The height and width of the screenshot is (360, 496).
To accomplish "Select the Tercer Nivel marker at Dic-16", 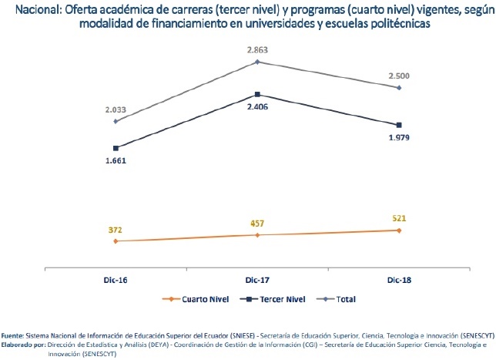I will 116,148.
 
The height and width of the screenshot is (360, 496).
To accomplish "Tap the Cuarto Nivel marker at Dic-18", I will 399,230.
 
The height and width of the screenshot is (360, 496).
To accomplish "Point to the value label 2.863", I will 257,49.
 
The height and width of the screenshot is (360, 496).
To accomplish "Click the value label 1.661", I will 116,161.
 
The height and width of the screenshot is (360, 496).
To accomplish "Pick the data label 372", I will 116,229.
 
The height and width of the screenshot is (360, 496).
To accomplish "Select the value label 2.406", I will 257,108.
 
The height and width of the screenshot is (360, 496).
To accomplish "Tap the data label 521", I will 399,218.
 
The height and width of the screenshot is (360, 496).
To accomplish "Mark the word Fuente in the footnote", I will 12,337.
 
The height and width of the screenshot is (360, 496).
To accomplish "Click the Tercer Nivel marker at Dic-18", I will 399,125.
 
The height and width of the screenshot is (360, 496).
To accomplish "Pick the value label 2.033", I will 116,109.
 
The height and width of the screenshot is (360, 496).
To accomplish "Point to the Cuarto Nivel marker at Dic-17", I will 257,235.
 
